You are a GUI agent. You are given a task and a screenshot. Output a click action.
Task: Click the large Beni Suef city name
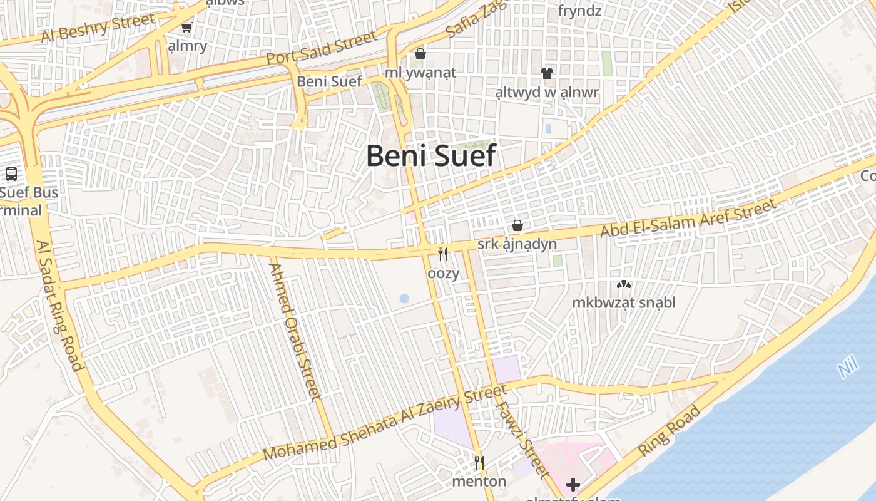point(431,155)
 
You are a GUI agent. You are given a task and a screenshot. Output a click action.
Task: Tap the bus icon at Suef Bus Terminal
point(11,174)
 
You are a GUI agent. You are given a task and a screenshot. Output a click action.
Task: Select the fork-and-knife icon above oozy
point(443,254)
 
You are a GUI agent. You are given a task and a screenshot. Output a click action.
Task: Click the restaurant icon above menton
point(479,463)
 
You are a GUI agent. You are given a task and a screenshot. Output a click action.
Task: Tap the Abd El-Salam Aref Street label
point(688,217)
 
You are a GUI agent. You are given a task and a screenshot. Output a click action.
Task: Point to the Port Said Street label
point(322,48)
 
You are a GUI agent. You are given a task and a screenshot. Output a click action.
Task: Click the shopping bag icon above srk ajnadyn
point(517,225)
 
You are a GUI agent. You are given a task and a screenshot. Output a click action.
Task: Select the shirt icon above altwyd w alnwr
point(547,73)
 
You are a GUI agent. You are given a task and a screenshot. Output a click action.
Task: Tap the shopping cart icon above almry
point(186,27)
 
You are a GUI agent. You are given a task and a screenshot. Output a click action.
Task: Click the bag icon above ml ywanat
point(420,54)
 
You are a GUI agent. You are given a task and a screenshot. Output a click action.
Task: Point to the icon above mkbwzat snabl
point(623,285)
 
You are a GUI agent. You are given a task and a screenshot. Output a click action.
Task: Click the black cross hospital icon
point(573,484)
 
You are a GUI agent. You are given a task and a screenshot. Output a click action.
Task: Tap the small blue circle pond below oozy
point(404,299)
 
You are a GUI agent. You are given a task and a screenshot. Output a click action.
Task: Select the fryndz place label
point(579,11)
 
